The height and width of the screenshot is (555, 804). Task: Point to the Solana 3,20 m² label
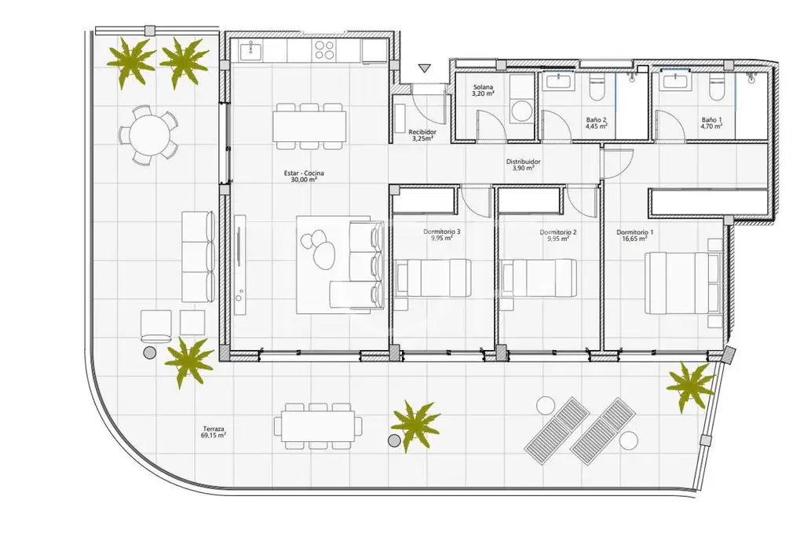482,90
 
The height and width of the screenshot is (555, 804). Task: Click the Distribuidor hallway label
522,165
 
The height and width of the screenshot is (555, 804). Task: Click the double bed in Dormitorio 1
682,279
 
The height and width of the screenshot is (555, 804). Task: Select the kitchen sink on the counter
250,52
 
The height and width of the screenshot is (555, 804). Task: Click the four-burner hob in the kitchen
324,52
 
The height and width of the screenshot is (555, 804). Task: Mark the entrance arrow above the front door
424,68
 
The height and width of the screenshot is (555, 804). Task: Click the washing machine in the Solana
521,110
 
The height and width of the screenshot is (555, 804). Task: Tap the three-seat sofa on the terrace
198,255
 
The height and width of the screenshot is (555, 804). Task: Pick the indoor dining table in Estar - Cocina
309,126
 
